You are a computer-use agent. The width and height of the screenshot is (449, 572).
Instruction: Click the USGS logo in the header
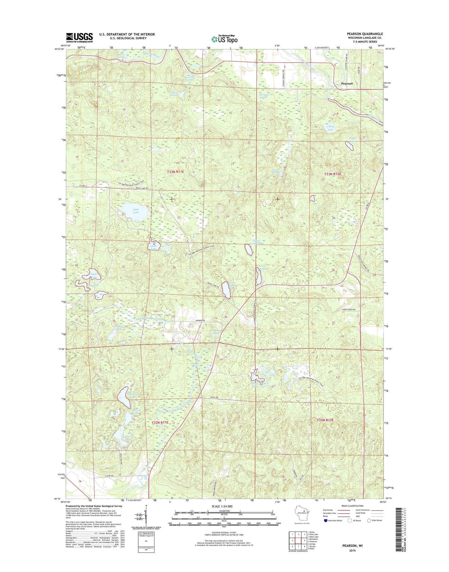pos(79,38)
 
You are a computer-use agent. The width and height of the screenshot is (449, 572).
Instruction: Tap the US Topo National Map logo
pos(224,39)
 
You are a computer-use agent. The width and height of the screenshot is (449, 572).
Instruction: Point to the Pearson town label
pos(347,84)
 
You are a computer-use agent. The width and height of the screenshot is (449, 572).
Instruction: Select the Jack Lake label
pos(135,211)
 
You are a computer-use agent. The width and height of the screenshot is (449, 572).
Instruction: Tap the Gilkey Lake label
pos(330,128)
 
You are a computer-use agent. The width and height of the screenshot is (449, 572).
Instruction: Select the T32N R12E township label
pos(325,420)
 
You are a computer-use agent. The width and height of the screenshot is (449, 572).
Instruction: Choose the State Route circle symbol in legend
pos(369,529)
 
